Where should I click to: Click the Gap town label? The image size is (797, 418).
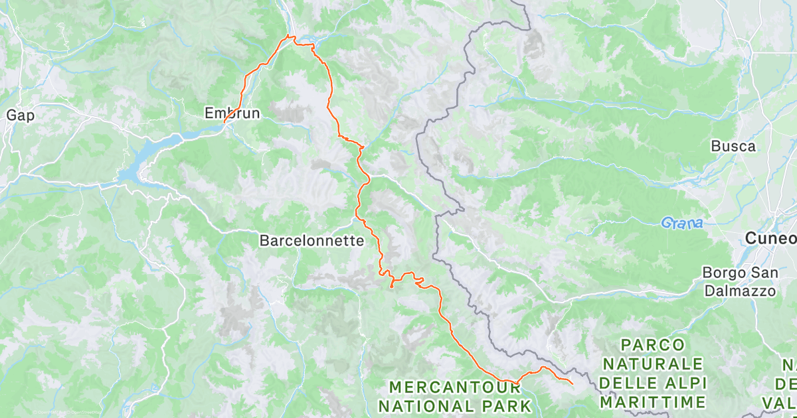pos(20,115)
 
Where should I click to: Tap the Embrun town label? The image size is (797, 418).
pos(232,113)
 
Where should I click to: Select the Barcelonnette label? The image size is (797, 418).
pos(311,241)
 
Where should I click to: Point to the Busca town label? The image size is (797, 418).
pos(733,146)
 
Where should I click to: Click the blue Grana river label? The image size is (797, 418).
pos(681,224)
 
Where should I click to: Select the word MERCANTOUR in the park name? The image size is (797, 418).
pos(441,386)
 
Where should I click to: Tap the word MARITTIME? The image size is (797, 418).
pos(652,402)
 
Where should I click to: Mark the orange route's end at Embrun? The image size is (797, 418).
pos(224,122)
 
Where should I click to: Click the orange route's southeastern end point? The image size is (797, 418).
pos(573,383)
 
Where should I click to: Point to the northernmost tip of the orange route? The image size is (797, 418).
pos(287,35)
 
